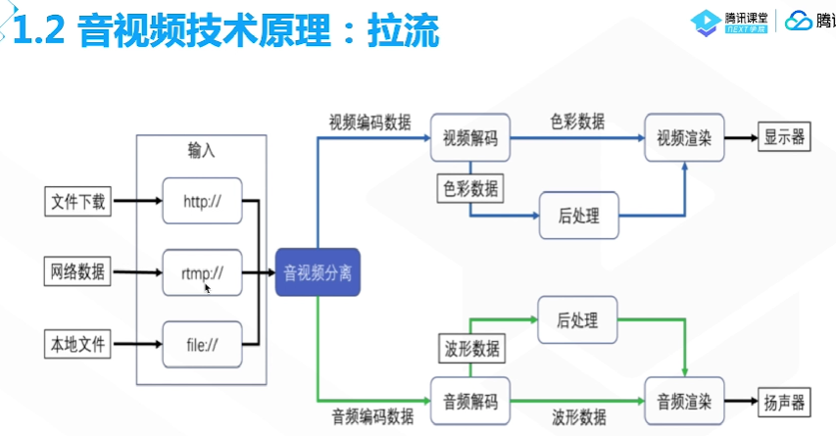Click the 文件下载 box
[79, 203]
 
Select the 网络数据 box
[79, 272]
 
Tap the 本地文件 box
[79, 344]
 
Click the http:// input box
[202, 203]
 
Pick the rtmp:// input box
[202, 273]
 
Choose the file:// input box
[202, 345]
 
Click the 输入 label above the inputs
[202, 151]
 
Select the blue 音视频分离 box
[319, 273]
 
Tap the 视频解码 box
[470, 137]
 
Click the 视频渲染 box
[684, 137]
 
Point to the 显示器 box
[784, 137]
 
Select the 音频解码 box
[470, 401]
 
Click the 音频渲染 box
[684, 401]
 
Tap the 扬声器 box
[784, 401]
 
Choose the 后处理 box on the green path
[579, 321]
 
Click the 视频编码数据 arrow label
[369, 122]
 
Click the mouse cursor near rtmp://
[208, 288]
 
